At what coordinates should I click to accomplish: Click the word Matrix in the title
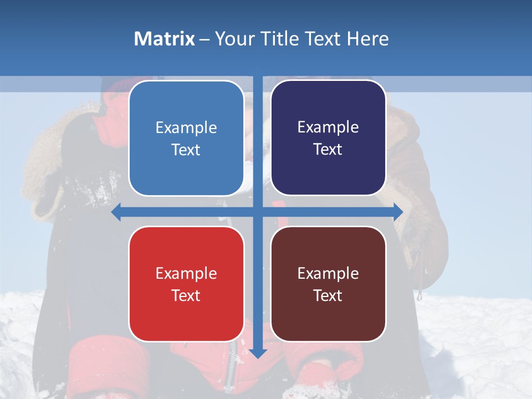click(x=164, y=39)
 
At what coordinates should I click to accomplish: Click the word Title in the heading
click(x=278, y=39)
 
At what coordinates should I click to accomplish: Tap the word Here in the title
click(x=368, y=39)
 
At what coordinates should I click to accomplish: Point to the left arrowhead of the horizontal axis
click(x=116, y=212)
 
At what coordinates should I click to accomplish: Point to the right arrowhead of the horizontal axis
click(x=398, y=212)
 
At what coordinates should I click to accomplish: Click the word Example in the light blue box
click(x=186, y=128)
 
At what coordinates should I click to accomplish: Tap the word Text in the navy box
click(x=328, y=150)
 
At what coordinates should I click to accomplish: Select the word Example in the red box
click(x=186, y=274)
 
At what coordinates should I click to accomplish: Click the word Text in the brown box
click(x=328, y=295)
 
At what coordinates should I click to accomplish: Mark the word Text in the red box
click(x=186, y=295)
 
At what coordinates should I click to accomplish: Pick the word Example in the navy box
click(x=328, y=127)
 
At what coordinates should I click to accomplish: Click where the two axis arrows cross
click(x=258, y=212)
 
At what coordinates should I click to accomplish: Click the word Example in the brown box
click(x=328, y=274)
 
